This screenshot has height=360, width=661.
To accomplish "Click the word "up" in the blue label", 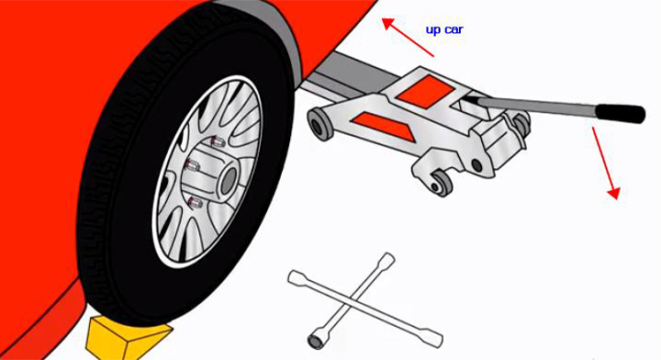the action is tap(432, 30).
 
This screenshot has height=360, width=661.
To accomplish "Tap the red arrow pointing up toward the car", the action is tap(408, 37).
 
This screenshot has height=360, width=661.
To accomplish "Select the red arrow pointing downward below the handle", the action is tap(606, 163).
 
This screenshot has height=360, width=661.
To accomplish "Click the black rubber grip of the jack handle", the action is tap(620, 113).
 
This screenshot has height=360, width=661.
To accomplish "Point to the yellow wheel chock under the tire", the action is tap(128, 334).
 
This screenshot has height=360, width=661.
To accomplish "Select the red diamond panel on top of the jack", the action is tap(425, 92).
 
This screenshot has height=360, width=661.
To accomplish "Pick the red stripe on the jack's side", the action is tap(384, 125).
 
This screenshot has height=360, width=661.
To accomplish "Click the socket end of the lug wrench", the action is tap(316, 340).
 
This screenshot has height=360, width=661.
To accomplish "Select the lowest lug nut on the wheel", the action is tap(195, 203).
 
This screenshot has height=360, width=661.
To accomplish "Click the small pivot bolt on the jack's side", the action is tap(477, 165).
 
